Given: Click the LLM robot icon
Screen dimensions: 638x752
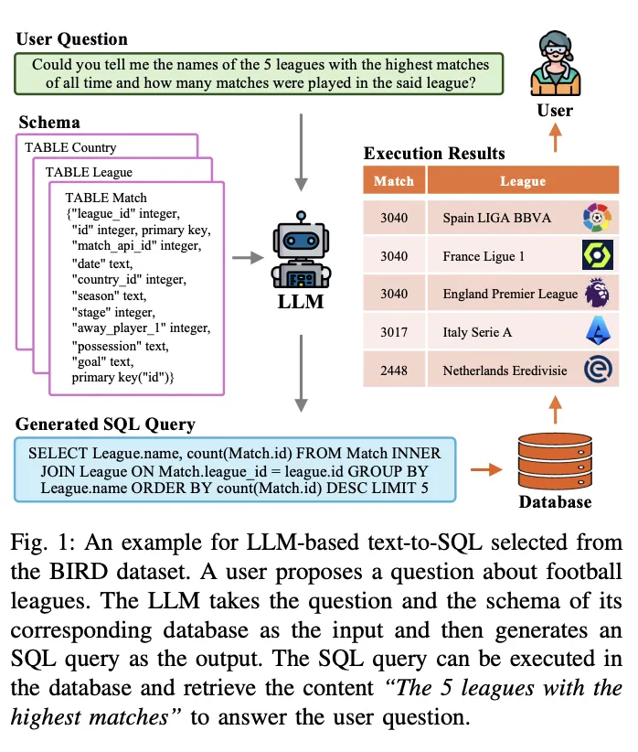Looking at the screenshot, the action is pyautogui.click(x=301, y=250).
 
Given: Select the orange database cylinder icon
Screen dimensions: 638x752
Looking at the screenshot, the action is pyautogui.click(x=555, y=461).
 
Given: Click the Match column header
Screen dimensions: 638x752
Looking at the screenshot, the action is pyautogui.click(x=394, y=180).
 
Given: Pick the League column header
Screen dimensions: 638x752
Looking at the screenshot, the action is pyautogui.click(x=523, y=180).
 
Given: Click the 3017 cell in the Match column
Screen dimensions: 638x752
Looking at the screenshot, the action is pyautogui.click(x=394, y=332).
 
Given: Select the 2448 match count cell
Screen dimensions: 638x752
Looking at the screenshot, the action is pyautogui.click(x=394, y=371).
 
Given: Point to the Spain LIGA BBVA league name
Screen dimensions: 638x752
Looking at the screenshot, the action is pyautogui.click(x=496, y=218).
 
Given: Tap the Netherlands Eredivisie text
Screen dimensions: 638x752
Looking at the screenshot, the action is pyautogui.click(x=505, y=371).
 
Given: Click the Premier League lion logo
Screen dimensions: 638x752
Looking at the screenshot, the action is pyautogui.click(x=597, y=293).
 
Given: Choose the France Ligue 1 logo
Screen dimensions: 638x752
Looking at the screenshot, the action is pyautogui.click(x=597, y=254).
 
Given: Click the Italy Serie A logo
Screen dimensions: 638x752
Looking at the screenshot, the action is pyautogui.click(x=598, y=331).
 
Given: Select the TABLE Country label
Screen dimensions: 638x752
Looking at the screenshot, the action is pyautogui.click(x=70, y=147).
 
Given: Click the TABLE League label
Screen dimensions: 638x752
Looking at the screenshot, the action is pyautogui.click(x=89, y=172).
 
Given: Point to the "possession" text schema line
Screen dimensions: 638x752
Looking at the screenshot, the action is pyautogui.click(x=120, y=346).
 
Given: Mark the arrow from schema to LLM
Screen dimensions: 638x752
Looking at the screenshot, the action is pyautogui.click(x=248, y=258).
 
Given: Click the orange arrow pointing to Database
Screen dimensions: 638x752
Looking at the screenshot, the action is pyautogui.click(x=486, y=469).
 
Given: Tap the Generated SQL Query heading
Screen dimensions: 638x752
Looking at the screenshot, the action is pyautogui.click(x=105, y=424).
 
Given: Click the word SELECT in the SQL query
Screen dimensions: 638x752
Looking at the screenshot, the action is pyautogui.click(x=58, y=453).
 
